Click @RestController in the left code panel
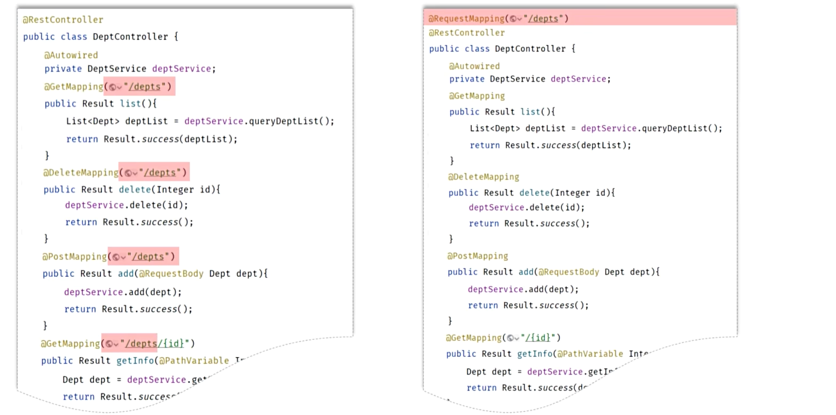63,20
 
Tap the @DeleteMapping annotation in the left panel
81,172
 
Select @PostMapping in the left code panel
75,257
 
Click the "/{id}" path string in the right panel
537,338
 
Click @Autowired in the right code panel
474,66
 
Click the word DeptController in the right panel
530,49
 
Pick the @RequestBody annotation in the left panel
171,274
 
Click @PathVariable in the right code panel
590,354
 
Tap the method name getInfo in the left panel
135,361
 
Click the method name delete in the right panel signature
535,193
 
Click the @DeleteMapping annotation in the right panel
483,177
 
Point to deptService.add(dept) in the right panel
523,289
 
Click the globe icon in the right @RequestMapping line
513,19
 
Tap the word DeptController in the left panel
130,37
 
